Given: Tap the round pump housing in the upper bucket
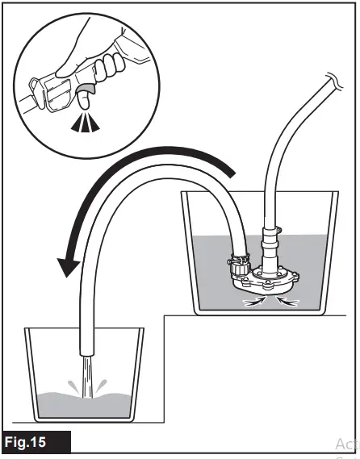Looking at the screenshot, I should pos(266,282).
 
